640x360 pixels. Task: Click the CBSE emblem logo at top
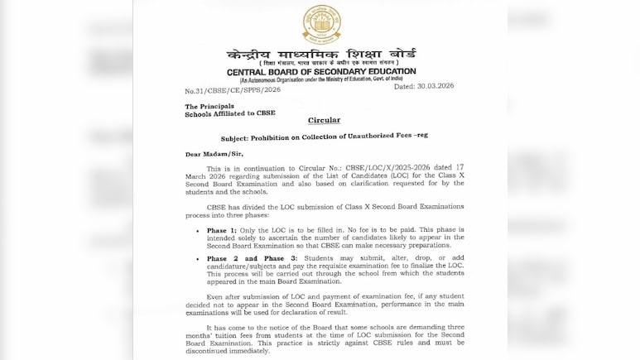point(321,24)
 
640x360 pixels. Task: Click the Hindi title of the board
point(321,55)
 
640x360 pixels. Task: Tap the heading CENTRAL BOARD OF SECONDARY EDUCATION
point(321,73)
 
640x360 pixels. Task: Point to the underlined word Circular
point(324,120)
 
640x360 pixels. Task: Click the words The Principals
point(209,106)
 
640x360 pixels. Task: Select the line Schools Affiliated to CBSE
point(230,113)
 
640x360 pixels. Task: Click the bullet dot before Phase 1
point(197,229)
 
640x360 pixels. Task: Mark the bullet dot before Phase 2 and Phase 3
point(197,259)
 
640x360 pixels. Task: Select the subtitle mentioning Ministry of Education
point(321,80)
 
